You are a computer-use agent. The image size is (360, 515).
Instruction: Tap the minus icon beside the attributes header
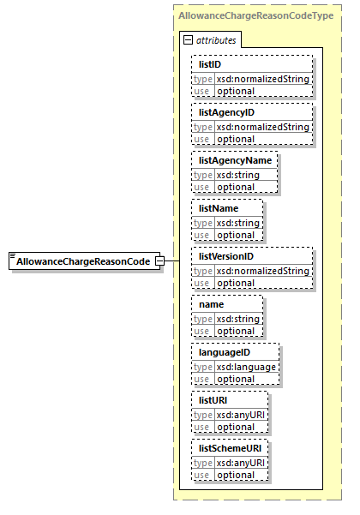188,40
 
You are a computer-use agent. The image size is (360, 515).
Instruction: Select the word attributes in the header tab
216,40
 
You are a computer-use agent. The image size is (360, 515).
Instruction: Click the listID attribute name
211,64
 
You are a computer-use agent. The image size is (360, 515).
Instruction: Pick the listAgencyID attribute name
227,112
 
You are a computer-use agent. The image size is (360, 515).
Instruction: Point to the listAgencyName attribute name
234,160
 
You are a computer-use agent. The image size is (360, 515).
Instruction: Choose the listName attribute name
219,208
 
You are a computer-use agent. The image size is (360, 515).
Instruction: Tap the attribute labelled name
211,304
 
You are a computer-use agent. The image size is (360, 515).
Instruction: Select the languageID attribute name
225,352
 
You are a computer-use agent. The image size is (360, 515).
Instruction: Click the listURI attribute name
213,400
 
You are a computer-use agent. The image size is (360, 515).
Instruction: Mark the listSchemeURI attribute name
229,448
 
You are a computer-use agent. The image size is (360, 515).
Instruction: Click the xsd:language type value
245,367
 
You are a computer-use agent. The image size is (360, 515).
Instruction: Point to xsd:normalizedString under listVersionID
261,271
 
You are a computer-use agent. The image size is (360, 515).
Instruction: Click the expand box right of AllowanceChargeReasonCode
159,260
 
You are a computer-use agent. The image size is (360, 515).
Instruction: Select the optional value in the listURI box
234,426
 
